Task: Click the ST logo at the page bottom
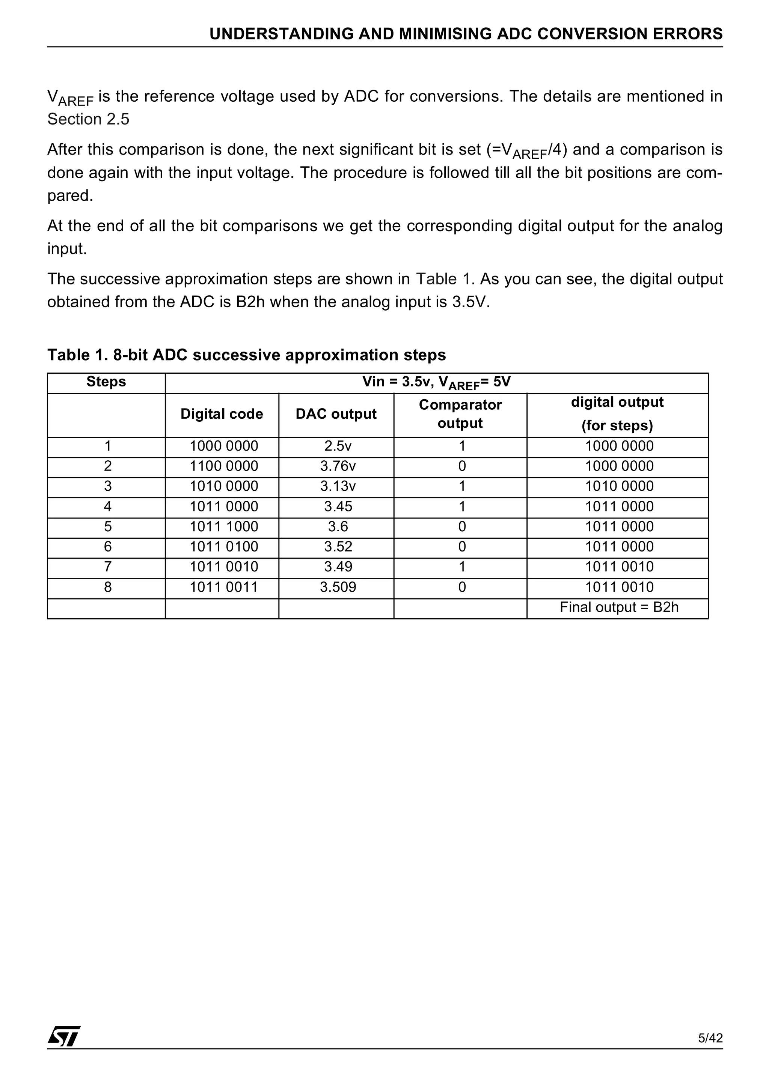pos(64,1036)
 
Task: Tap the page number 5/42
pos(710,1038)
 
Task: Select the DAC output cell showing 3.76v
pos(338,466)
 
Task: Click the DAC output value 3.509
pos(338,587)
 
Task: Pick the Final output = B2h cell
pos(619,607)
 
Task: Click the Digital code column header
pos(222,414)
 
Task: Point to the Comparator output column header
pos(460,414)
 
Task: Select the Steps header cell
pos(106,382)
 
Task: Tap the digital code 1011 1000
pos(223,526)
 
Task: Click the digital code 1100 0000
pos(223,466)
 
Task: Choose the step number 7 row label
pos(107,567)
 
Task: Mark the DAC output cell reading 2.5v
pos(338,446)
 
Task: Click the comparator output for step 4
pos(461,506)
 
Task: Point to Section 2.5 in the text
pos(89,119)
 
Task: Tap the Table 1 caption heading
pos(246,355)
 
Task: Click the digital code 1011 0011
pos(223,587)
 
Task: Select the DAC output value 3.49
pos(338,567)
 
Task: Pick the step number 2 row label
pos(107,466)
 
